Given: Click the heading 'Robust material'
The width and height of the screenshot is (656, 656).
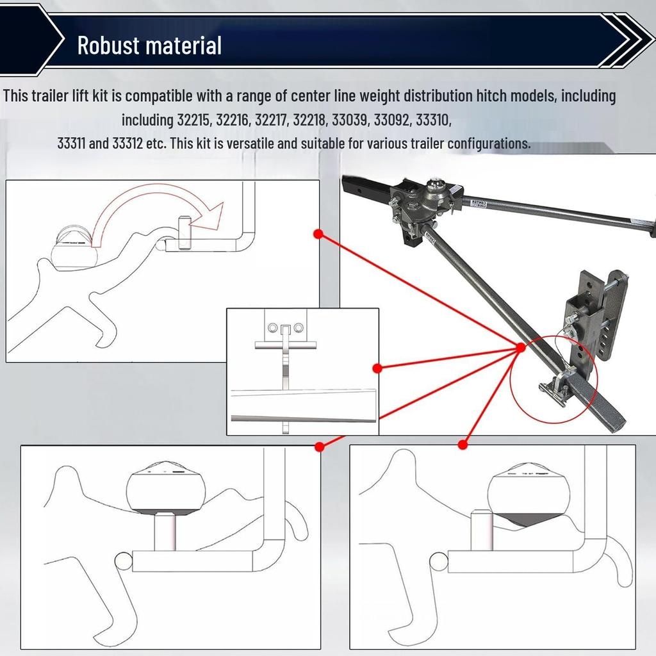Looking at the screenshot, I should pyautogui.click(x=149, y=45).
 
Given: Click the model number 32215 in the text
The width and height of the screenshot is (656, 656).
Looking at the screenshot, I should pyautogui.click(x=193, y=120).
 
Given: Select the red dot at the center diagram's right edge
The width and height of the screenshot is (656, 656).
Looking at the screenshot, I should pyautogui.click(x=377, y=368).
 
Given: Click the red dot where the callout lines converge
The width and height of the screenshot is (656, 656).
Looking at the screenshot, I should pyautogui.click(x=520, y=347).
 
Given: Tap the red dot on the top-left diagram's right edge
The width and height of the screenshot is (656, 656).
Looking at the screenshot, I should pyautogui.click(x=319, y=233).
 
